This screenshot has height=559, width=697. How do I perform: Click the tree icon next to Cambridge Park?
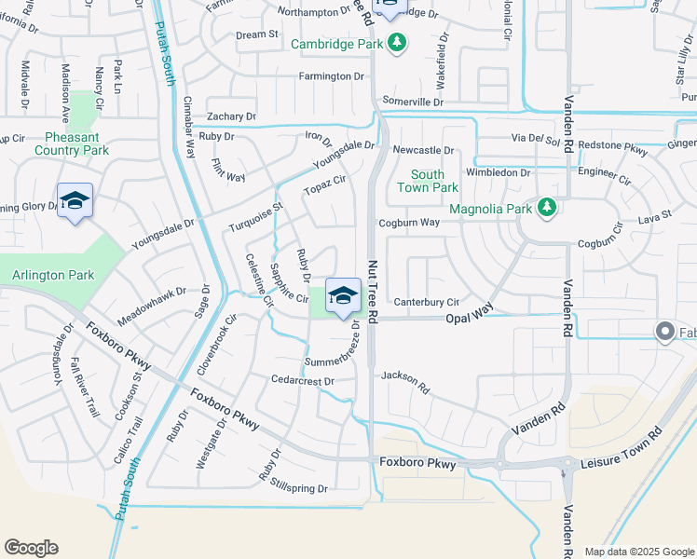point(397,43)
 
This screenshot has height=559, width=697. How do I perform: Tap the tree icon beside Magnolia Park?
point(548,208)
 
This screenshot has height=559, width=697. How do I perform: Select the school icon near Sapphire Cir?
point(343,295)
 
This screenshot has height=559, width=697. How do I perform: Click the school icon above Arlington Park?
point(75,200)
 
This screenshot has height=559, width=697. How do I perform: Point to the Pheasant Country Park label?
point(72,143)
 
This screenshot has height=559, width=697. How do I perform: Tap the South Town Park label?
point(428,181)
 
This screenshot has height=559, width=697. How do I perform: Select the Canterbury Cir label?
point(426,302)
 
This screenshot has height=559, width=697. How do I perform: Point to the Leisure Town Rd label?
point(621,447)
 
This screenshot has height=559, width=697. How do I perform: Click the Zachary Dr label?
point(232,116)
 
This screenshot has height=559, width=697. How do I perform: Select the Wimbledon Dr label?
point(499,172)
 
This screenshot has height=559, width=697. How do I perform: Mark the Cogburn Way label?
point(409,223)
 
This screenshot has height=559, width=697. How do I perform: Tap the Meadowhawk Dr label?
point(151,306)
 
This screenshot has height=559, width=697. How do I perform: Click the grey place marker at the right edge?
point(665,332)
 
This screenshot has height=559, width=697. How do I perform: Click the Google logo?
point(32,548)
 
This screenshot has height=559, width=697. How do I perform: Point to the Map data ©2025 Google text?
point(639,552)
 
